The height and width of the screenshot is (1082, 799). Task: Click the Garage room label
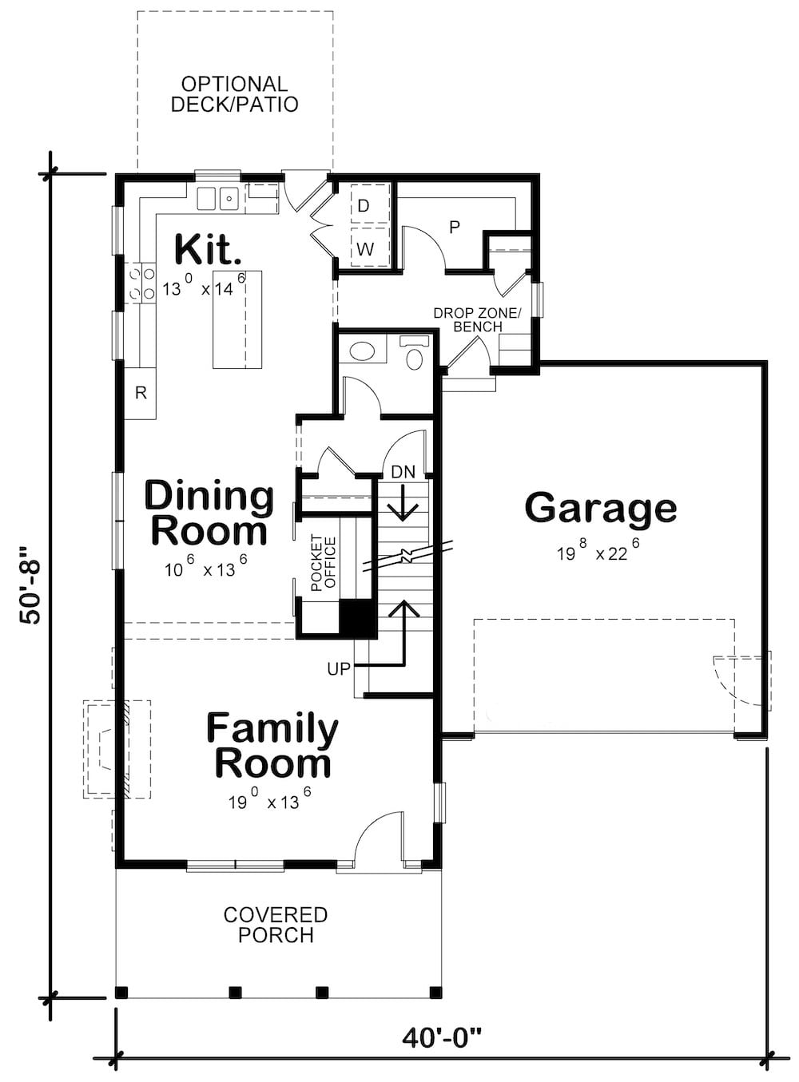(600, 508)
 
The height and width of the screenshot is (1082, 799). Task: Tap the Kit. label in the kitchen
(207, 249)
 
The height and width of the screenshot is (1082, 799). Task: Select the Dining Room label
(209, 513)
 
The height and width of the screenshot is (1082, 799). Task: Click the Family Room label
(272, 746)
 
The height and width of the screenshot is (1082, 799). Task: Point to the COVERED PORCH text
(275, 925)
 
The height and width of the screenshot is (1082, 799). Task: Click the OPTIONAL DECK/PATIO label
(234, 94)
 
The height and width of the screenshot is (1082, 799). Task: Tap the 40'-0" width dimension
(442, 1038)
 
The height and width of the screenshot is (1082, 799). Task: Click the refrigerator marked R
(141, 393)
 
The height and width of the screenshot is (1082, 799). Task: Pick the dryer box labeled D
(364, 206)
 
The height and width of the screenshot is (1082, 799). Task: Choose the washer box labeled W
(364, 249)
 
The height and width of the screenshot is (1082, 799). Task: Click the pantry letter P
(455, 228)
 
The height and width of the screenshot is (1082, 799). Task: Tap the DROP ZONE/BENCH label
(477, 319)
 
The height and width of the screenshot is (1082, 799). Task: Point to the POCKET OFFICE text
(324, 564)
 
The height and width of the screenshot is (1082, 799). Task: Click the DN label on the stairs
(403, 472)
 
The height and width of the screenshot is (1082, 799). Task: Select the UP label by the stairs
(339, 669)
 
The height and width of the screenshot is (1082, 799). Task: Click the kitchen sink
(217, 197)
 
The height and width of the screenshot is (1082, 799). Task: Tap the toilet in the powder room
(415, 356)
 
